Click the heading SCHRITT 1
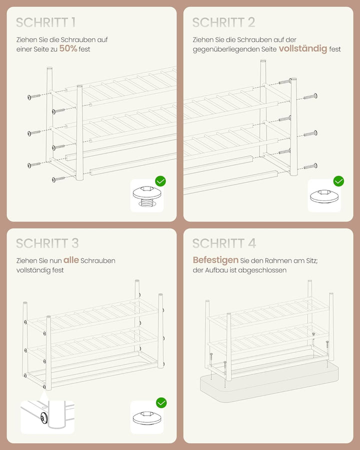(45, 22)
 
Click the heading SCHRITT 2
(223, 22)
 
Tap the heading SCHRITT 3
(47, 243)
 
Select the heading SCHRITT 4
(224, 243)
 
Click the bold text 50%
(68, 48)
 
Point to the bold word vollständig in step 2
(303, 48)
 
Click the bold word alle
(71, 260)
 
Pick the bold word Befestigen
(215, 260)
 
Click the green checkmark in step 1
(160, 181)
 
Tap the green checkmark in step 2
(339, 181)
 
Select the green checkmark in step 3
(161, 402)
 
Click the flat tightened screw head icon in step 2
(324, 195)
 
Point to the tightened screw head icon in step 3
(147, 417)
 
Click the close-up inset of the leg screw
(47, 416)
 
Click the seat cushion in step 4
(269, 379)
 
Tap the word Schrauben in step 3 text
(98, 260)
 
